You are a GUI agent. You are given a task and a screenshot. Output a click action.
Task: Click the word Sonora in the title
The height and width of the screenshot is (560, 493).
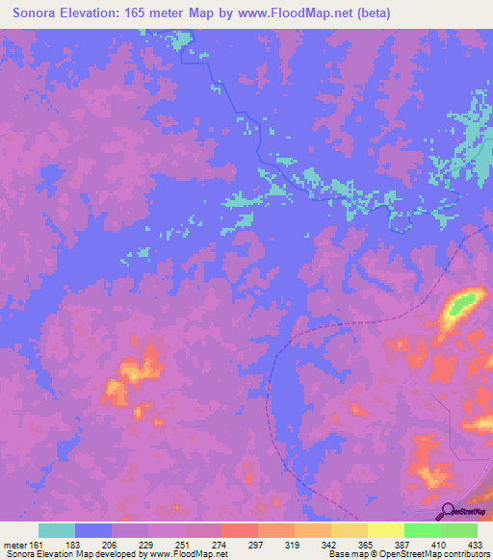coord(34,13)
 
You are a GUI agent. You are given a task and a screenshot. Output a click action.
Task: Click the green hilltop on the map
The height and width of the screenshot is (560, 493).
coord(460,306)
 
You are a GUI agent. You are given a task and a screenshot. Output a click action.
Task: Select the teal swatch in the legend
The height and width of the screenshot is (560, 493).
coord(57,530)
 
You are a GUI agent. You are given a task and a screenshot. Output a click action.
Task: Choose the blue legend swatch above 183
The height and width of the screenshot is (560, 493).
coord(93,530)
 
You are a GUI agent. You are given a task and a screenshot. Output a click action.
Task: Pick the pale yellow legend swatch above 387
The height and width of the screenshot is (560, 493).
coord(386,530)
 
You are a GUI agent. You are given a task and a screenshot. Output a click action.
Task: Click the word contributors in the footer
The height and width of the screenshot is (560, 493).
coord(462,555)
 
